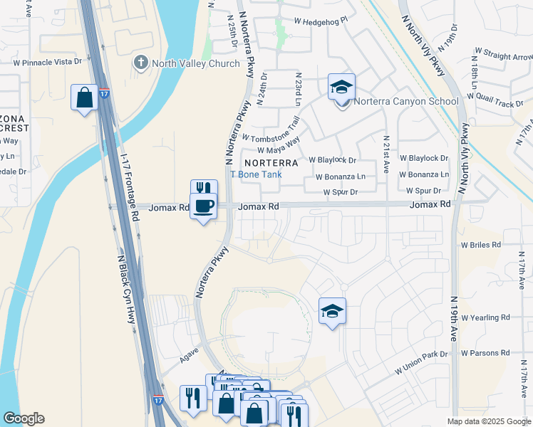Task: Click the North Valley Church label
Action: point(194,64)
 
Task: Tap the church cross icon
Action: point(140,63)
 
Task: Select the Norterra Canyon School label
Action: point(406,101)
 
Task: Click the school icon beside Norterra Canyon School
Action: point(342,88)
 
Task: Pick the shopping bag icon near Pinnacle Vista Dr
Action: point(84,97)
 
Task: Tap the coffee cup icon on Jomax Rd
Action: point(204,206)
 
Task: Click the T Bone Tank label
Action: point(256,174)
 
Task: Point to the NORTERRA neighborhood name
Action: point(270,162)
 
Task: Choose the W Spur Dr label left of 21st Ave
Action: point(340,192)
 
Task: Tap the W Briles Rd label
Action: point(481,245)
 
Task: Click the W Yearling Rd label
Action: point(485,317)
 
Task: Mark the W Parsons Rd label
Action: point(485,353)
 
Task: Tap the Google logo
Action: point(24,418)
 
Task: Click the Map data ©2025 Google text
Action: point(487,421)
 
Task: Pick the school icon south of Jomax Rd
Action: point(332,312)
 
